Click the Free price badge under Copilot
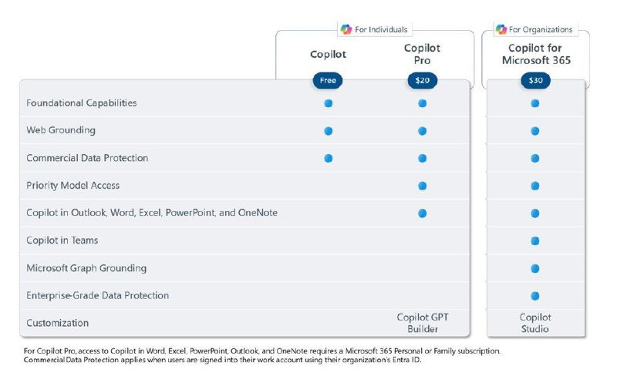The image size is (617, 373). tap(327, 80)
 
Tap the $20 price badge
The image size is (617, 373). tap(422, 80)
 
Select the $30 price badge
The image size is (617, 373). tap(534, 80)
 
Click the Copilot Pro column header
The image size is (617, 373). tap(422, 54)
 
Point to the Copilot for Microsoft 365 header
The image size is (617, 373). tap(534, 54)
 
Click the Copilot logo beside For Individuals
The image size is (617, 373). tap(346, 29)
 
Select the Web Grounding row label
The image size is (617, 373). tap(61, 130)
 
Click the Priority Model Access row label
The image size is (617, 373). tap(73, 186)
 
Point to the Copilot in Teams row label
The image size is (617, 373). tap(62, 240)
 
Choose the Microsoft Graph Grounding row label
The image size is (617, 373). tap(86, 268)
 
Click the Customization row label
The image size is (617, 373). tap(58, 323)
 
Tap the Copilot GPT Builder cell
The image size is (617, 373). tap(422, 323)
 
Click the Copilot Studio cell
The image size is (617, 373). tap(534, 323)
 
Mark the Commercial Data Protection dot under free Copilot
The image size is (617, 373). tap(328, 158)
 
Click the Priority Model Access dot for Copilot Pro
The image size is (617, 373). tap(422, 186)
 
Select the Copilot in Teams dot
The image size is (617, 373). tap(534, 240)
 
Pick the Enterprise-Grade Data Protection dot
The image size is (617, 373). tap(534, 296)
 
